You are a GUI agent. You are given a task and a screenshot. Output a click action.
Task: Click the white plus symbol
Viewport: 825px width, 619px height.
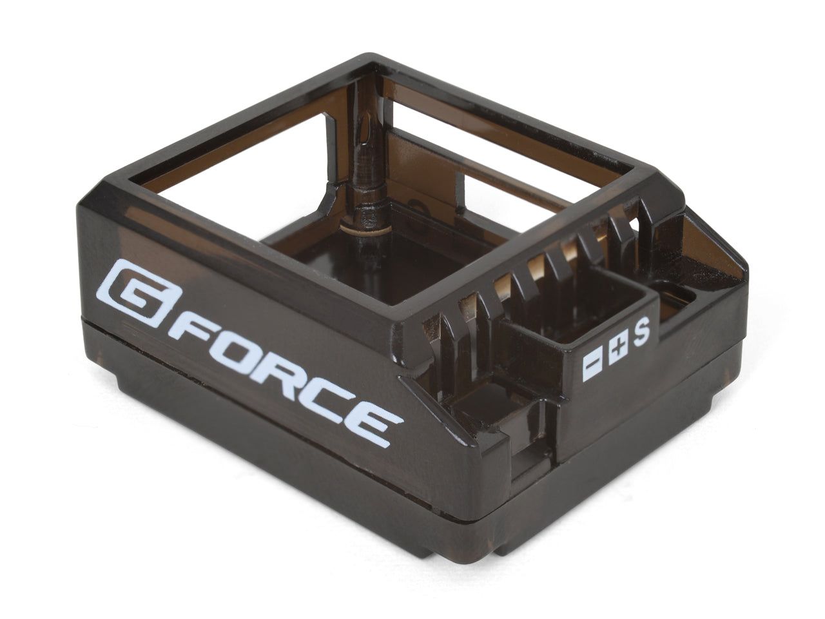(617, 348)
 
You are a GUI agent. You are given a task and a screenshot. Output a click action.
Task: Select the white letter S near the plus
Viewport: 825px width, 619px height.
(641, 333)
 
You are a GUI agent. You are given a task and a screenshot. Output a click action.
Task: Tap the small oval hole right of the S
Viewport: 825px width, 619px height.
(677, 298)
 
